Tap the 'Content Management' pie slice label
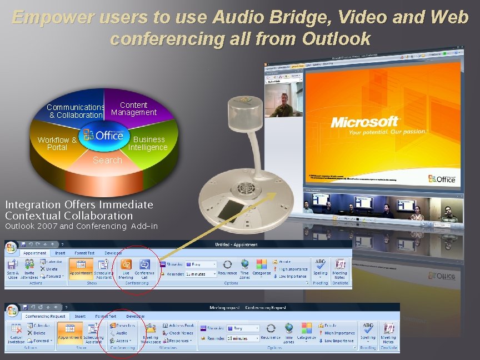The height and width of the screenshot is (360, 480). pyautogui.click(x=134, y=108)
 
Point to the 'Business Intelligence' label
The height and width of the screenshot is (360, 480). pyautogui.click(x=148, y=143)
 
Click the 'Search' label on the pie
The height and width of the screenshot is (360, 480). pyautogui.click(x=107, y=160)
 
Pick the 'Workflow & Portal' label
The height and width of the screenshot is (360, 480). pyautogui.click(x=57, y=144)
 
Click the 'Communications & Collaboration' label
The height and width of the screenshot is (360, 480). pyautogui.click(x=76, y=111)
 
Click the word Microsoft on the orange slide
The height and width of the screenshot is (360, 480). pyautogui.click(x=365, y=122)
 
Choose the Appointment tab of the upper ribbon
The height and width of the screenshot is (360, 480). pyautogui.click(x=34, y=253)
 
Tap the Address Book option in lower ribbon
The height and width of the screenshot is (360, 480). pyautogui.click(x=178, y=326)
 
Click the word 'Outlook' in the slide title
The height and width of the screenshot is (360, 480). pyautogui.click(x=338, y=38)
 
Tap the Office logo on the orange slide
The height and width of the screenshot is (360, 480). pyautogui.click(x=442, y=178)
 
